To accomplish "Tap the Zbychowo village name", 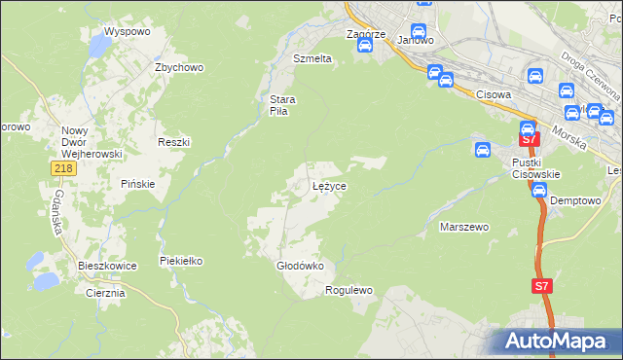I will pos(178,67).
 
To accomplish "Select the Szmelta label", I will pos(312,58).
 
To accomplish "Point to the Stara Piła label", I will pos(282,104).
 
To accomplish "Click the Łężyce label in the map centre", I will pos(329,185).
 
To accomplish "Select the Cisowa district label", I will pos(495,94).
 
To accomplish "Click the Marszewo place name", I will pos(463,227).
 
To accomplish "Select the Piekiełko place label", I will pos(181,261).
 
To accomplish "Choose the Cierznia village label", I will pos(105,292).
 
